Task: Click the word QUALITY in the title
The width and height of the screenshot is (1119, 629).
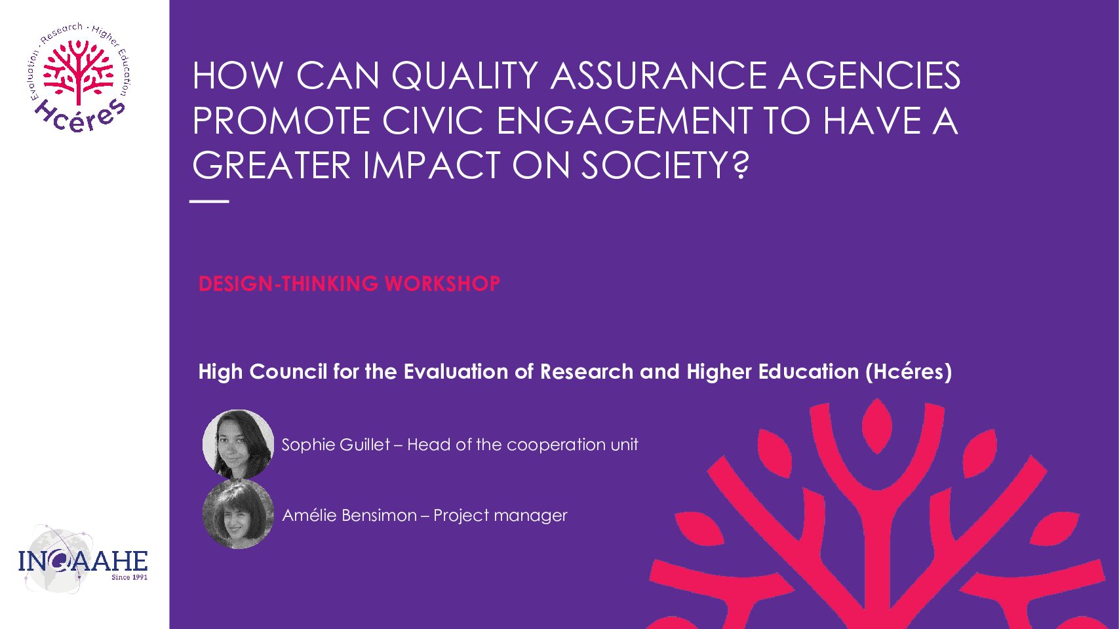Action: (x=465, y=77)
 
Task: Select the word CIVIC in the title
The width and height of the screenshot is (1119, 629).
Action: (x=433, y=121)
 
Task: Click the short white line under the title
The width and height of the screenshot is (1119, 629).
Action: (x=209, y=201)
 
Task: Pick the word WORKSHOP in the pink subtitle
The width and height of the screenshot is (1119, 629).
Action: (x=442, y=284)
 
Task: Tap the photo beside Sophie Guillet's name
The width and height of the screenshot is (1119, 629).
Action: (x=238, y=444)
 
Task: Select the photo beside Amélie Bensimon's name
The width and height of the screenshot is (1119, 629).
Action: (x=238, y=514)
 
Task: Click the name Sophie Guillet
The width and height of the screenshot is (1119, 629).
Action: (x=336, y=444)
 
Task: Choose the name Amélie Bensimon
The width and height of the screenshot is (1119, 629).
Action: (x=349, y=515)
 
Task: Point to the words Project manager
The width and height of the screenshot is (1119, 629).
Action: (x=501, y=516)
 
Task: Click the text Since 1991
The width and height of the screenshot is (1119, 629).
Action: (x=129, y=577)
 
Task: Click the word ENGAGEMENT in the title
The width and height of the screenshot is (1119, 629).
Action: (x=625, y=121)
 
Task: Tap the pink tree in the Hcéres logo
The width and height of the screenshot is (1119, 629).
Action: (x=79, y=71)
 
